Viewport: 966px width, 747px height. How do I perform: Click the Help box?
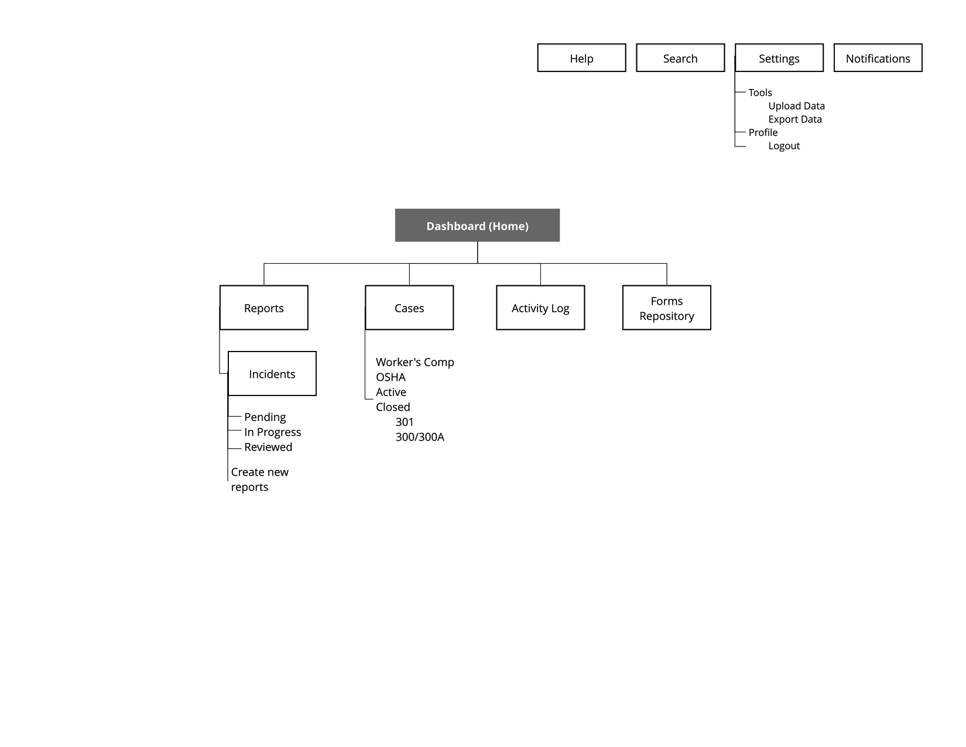[x=581, y=58]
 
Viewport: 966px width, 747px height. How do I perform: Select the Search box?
[x=680, y=58]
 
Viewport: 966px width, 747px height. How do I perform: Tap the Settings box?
[x=779, y=58]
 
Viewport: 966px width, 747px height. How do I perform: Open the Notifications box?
[x=878, y=58]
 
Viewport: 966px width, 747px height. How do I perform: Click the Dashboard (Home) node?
[x=477, y=225]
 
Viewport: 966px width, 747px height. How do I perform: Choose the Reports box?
[x=263, y=308]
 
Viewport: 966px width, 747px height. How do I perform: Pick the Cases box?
[x=409, y=308]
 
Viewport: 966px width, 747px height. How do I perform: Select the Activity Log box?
[x=540, y=308]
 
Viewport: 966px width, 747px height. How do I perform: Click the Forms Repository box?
[x=666, y=308]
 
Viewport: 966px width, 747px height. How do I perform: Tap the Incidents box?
[x=272, y=373]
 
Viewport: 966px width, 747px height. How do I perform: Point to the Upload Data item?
[x=796, y=106]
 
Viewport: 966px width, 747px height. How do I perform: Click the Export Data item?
[x=795, y=120]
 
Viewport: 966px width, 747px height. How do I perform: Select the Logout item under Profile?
[x=784, y=146]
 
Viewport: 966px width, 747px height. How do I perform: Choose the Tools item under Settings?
[x=760, y=93]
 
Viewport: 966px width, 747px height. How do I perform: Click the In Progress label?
[x=272, y=432]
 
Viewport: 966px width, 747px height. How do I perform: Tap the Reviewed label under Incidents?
[x=268, y=446]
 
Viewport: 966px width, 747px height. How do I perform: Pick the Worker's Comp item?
[x=415, y=361]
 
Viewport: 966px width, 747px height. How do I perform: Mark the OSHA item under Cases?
[x=390, y=377]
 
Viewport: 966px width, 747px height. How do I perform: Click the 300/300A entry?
[x=420, y=437]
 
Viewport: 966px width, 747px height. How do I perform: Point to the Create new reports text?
[x=259, y=479]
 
